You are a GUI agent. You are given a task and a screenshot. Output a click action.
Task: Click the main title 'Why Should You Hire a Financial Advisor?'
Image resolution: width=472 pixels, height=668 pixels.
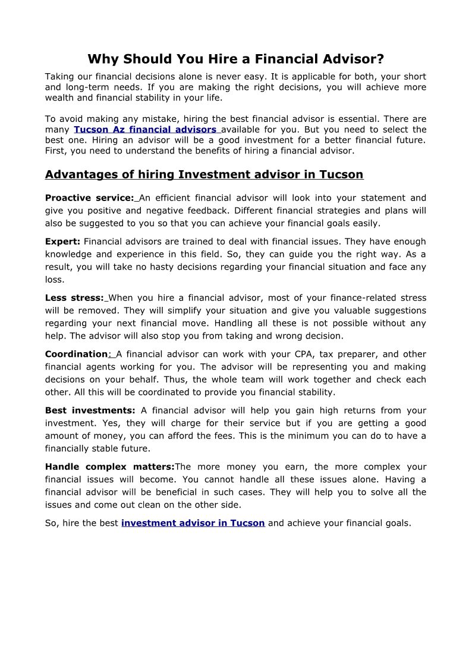tap(235, 59)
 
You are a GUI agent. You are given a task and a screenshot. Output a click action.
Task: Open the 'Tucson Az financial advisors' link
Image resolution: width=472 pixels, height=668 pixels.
tap(145, 129)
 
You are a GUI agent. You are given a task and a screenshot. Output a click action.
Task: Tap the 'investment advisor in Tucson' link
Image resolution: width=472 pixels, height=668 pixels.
tap(193, 523)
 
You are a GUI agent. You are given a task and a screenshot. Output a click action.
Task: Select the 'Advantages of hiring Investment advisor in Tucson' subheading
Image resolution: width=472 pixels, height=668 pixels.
tap(204, 174)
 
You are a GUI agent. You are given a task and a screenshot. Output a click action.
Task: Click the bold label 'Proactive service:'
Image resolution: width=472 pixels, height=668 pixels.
tap(89, 198)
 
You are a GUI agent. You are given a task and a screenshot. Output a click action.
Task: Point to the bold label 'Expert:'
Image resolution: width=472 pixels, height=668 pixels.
tap(62, 242)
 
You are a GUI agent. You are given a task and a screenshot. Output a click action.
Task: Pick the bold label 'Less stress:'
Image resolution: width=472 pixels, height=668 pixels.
tap(74, 298)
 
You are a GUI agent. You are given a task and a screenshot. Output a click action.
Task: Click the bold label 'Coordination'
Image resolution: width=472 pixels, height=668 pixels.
tap(76, 355)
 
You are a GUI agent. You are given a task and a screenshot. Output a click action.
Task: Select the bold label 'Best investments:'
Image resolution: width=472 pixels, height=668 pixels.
tap(90, 410)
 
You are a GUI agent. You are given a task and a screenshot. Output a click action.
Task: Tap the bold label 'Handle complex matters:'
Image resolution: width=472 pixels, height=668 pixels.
tap(109, 467)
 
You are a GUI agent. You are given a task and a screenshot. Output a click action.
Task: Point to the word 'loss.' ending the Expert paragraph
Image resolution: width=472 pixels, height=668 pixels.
tap(55, 280)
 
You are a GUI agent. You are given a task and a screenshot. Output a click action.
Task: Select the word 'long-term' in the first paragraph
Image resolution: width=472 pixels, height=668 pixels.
tap(82, 87)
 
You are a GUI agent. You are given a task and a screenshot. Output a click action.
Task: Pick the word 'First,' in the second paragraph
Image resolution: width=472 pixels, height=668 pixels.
tap(56, 150)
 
